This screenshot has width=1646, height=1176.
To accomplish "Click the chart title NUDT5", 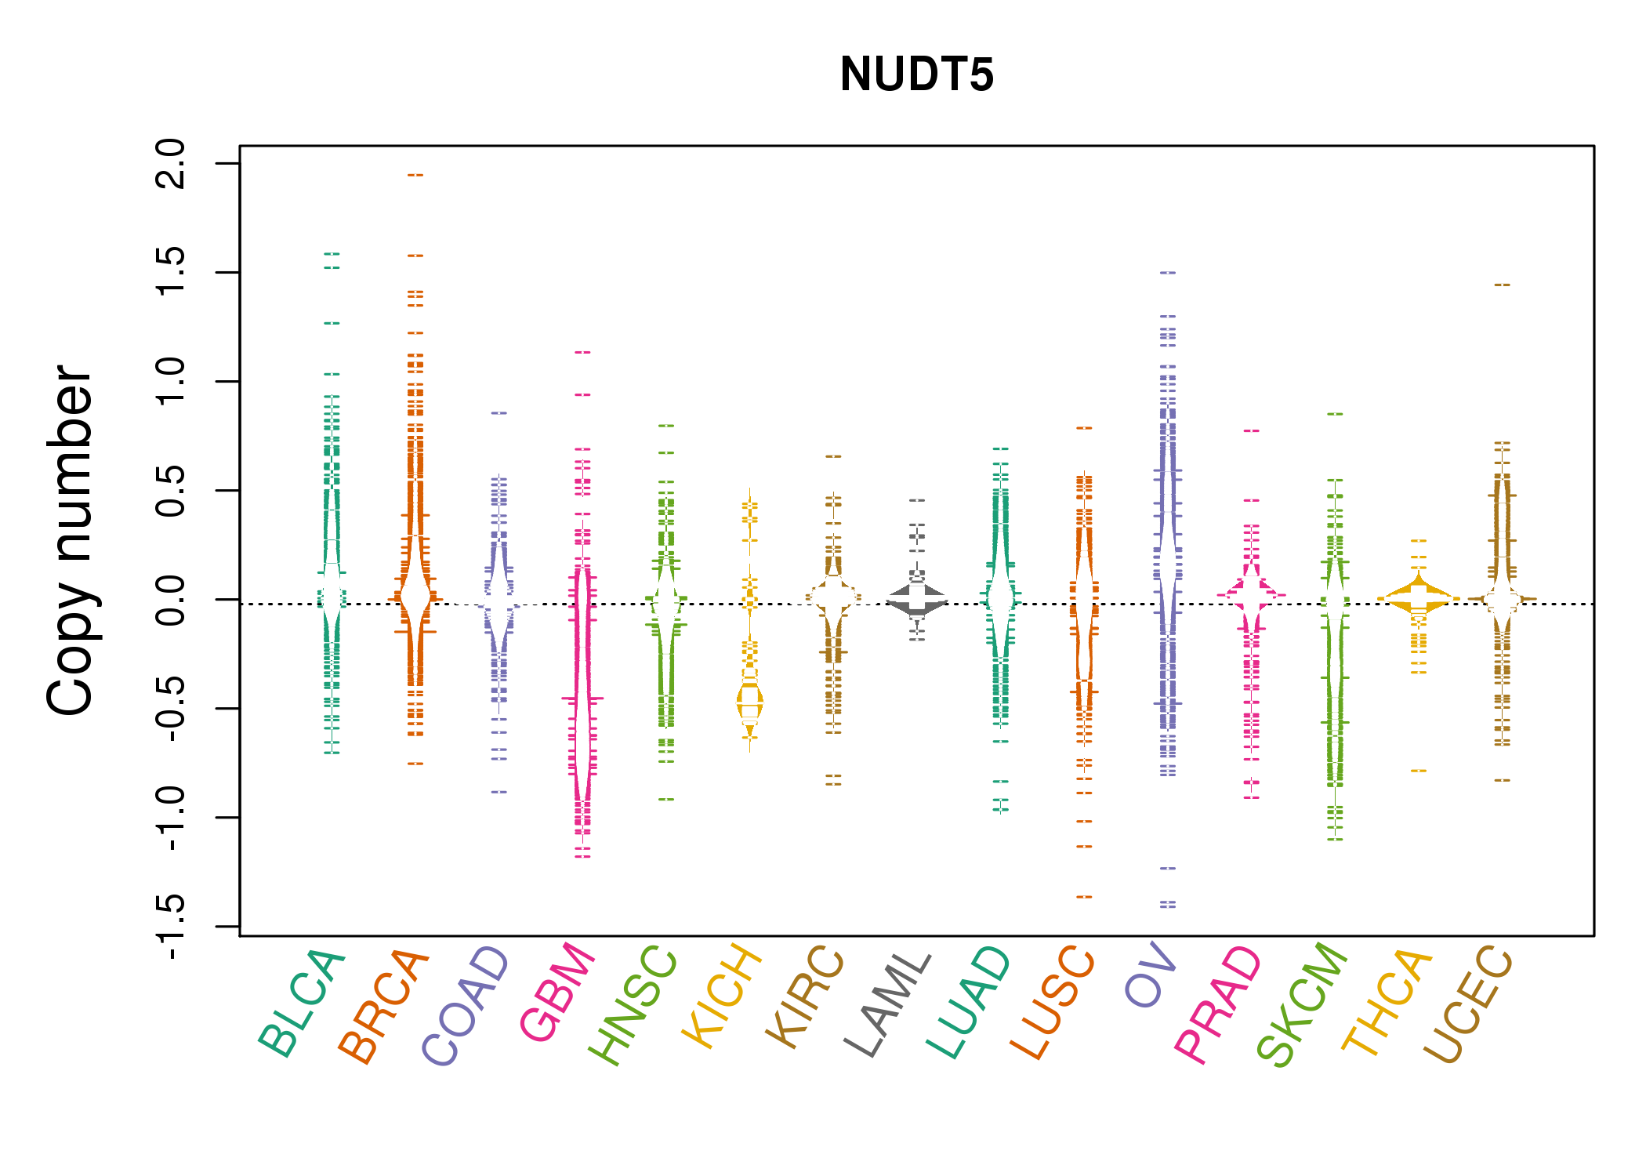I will pyautogui.click(x=916, y=74).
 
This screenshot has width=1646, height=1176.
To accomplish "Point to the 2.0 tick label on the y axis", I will pyautogui.click(x=171, y=164).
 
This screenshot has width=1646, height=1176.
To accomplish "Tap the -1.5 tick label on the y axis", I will pyautogui.click(x=171, y=927).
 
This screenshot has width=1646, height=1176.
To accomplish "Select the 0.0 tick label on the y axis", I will pyautogui.click(x=171, y=600).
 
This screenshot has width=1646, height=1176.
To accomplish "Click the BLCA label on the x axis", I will pyautogui.click(x=302, y=1004).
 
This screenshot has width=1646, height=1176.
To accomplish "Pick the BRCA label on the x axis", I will pyautogui.click(x=384, y=1007).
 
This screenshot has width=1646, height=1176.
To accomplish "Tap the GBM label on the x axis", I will pyautogui.click(x=557, y=992).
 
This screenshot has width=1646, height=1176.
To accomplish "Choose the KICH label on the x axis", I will pyautogui.click(x=722, y=996).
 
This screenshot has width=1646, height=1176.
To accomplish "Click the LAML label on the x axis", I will pyautogui.click(x=888, y=1004).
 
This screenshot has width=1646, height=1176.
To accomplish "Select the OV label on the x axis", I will pyautogui.click(x=1151, y=976).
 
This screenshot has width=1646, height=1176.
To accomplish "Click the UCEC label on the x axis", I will pyautogui.click(x=1468, y=1004).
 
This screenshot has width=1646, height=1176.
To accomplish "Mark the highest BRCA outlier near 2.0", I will pyautogui.click(x=415, y=175).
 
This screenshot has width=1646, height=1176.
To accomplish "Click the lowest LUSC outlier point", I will pyautogui.click(x=1084, y=896).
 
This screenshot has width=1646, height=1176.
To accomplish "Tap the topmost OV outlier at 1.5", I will pyautogui.click(x=1168, y=273).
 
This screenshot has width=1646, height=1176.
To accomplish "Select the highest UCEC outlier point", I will pyautogui.click(x=1502, y=285).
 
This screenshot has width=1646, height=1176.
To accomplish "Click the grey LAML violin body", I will pyautogui.click(x=917, y=601).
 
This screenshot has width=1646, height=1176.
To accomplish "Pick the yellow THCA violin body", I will pyautogui.click(x=1419, y=598).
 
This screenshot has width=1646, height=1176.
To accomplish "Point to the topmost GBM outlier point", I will pyautogui.click(x=582, y=352).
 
